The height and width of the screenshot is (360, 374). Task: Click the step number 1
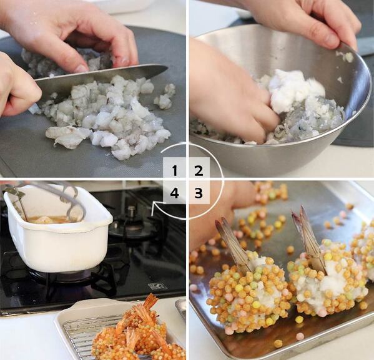tap(175, 171)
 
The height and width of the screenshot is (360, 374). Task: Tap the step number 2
tap(199, 171)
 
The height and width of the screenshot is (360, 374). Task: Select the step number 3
tap(199, 193)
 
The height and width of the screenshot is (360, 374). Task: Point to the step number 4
tap(175, 193)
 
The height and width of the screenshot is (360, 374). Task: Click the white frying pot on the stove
tap(57, 229)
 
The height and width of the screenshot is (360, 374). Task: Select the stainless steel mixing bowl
tap(282, 100)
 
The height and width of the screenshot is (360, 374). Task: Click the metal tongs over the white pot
tap(47, 198)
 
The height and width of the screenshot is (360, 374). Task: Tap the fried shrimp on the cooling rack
tap(139, 331)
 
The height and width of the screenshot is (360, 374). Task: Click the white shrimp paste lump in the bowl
tap(296, 90)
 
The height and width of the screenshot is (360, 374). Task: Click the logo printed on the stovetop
tap(157, 286)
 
